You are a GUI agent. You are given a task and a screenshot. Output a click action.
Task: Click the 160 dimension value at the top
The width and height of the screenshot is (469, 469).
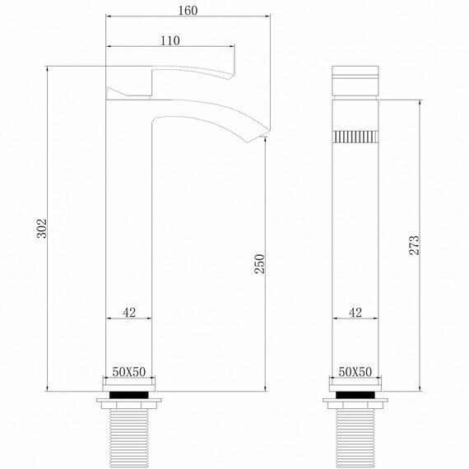coord(188,11)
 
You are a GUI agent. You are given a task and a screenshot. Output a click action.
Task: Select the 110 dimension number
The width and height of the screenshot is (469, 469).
coord(170,40)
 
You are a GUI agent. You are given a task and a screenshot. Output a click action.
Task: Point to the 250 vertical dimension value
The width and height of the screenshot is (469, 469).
coord(260,263)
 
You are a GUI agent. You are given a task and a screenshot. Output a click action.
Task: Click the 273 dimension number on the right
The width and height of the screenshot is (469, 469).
coord(414,244)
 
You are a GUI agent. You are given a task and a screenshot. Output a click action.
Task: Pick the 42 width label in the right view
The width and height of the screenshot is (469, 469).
coord(355,312)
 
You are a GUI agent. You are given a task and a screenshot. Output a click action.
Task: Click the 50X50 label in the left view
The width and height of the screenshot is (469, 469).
coord(129,372)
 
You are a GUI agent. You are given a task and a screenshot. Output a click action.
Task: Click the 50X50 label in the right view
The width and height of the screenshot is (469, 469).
coord(355,372)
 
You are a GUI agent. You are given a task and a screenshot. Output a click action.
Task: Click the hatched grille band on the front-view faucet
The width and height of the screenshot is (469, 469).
coord(355,136)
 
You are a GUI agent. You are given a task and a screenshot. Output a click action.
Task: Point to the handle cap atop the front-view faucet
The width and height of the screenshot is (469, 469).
coord(355,80)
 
